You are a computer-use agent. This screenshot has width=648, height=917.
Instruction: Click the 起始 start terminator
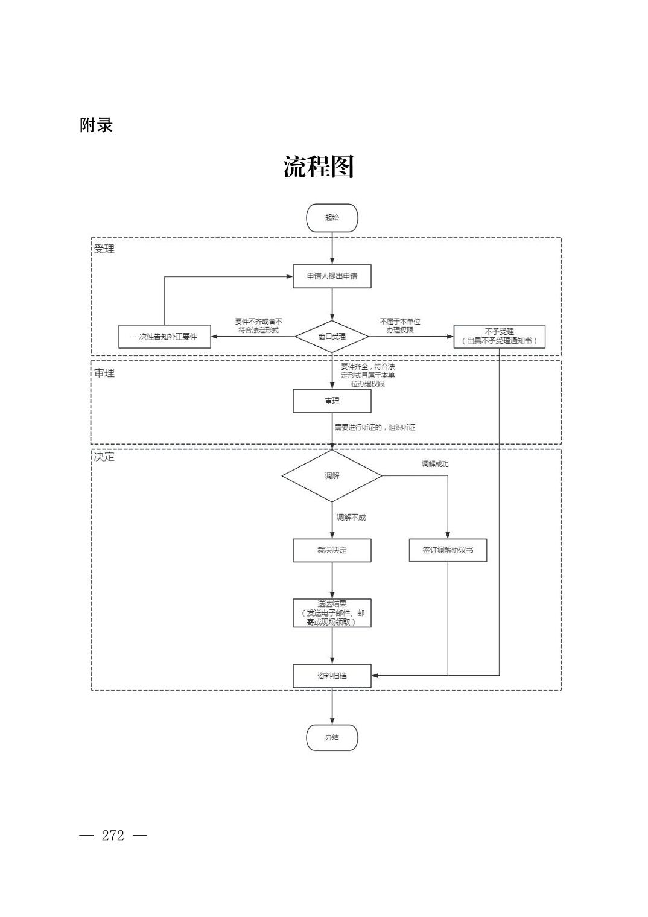point(332,218)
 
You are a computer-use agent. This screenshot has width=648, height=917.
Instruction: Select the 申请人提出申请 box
point(332,276)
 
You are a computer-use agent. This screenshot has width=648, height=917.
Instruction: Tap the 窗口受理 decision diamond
point(332,337)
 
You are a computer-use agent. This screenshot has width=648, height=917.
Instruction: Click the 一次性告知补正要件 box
point(165,337)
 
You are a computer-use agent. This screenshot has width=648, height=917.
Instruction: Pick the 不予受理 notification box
point(499,337)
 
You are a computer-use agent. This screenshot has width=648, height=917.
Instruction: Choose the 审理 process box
point(332,401)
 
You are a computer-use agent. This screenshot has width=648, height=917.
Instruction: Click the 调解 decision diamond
point(332,476)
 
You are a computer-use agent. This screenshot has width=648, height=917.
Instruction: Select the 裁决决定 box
point(332,550)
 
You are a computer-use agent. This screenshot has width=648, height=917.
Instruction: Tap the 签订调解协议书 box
point(448,550)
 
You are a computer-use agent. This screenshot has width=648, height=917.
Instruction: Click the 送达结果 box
point(332,613)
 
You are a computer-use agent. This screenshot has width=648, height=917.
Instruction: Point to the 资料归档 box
point(332,676)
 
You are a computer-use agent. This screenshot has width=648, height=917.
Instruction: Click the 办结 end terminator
point(332,738)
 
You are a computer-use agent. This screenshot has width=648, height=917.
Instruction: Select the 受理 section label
point(104,249)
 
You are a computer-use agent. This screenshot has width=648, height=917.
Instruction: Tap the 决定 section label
point(104,457)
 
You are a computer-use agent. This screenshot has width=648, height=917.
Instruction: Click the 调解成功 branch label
point(435,464)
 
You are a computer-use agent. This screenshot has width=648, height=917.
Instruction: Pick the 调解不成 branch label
point(351,517)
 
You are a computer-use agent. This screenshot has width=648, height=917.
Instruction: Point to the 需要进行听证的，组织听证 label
point(375,428)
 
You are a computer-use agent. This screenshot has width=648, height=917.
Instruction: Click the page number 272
point(113,836)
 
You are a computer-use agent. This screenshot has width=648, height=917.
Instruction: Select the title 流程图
point(319,167)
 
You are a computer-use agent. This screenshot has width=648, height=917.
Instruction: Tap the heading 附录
point(97,125)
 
